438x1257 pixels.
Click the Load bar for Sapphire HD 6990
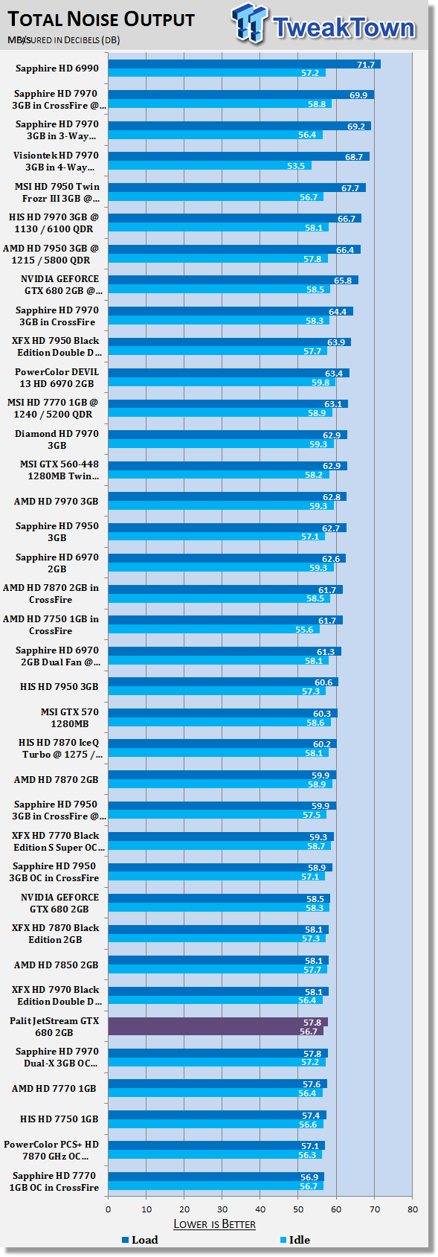click(x=245, y=65)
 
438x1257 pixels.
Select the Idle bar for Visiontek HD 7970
click(x=210, y=165)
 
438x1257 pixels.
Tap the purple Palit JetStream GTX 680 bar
click(x=218, y=1026)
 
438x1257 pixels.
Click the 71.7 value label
click(x=366, y=65)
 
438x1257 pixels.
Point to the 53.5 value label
click(x=296, y=165)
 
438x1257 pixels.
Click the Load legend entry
click(x=140, y=1240)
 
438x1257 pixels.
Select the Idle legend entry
click(x=295, y=1240)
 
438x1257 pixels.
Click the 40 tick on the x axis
click(x=260, y=1209)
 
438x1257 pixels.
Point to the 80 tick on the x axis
click(x=413, y=1209)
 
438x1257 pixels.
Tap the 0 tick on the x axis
click(x=109, y=1209)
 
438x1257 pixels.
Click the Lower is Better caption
click(x=214, y=1224)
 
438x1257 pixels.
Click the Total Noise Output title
click(x=101, y=19)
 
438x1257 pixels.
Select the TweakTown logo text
click(x=344, y=27)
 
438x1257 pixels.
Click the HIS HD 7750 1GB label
click(x=59, y=1119)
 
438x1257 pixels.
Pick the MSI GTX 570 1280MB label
click(x=70, y=717)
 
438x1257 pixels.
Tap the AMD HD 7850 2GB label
click(x=56, y=965)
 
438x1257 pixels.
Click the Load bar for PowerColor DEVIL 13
click(x=229, y=373)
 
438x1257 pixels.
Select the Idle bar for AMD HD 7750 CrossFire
click(x=213, y=630)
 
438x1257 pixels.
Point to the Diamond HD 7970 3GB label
click(x=57, y=439)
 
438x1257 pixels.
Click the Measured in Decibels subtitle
click(x=63, y=40)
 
